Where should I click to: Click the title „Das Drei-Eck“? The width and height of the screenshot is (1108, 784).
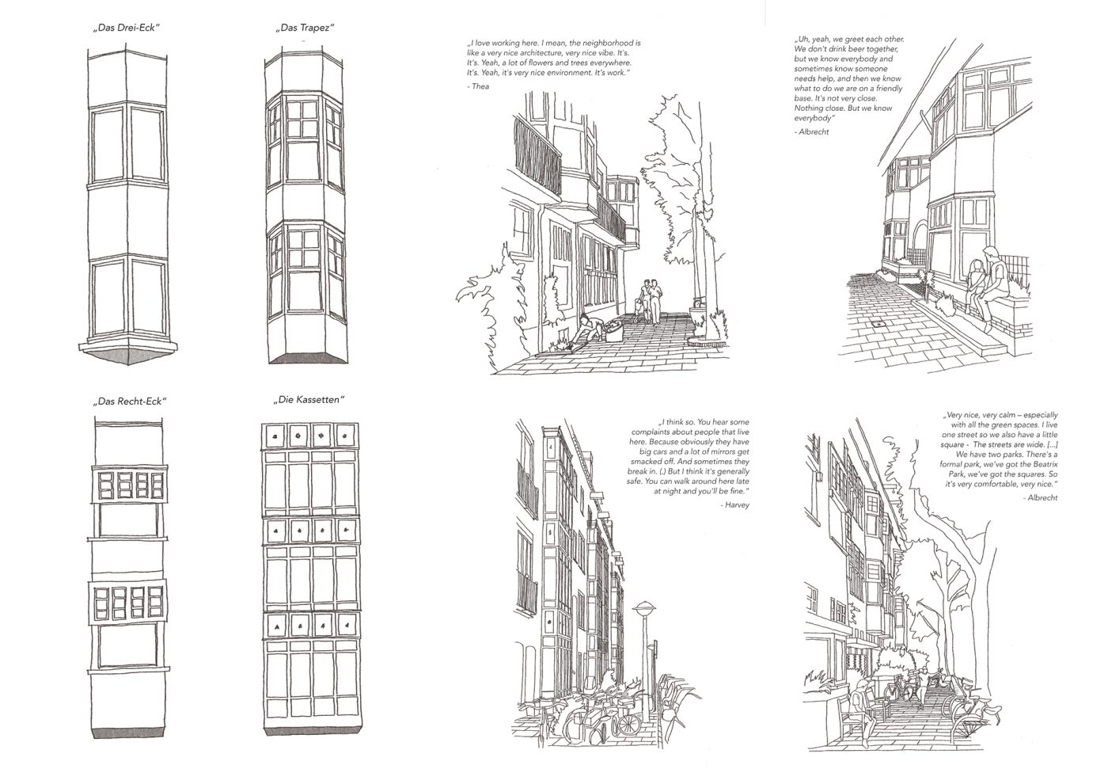pos(127,28)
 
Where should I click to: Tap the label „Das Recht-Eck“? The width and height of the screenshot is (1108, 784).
pos(130,401)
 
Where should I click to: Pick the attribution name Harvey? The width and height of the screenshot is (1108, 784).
pos(736,505)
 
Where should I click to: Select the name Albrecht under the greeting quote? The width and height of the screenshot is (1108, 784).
pos(813,131)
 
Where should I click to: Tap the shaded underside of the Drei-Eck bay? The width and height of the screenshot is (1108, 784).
pos(127,356)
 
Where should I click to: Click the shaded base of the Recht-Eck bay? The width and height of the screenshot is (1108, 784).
pos(127,733)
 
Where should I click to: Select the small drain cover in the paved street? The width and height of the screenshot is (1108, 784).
pos(878,324)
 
